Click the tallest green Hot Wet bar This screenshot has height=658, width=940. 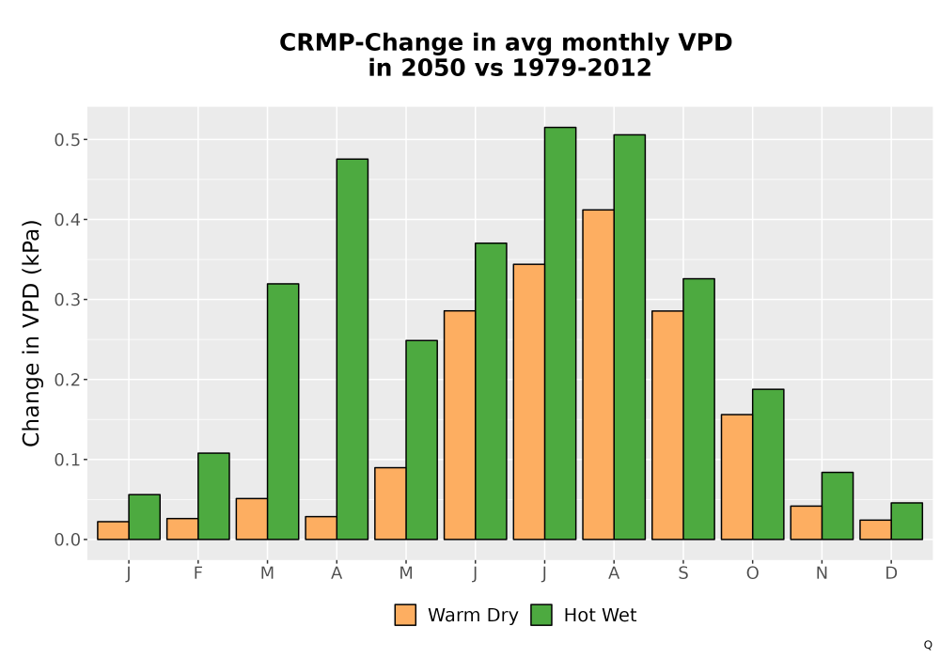(x=560, y=333)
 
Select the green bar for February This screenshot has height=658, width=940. (x=213, y=496)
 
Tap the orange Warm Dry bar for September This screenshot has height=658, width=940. (x=667, y=425)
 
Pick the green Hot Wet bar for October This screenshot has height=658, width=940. (x=768, y=464)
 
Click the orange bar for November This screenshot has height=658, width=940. (x=806, y=523)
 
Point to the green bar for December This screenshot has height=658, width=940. (x=906, y=521)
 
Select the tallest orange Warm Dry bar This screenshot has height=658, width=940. (x=598, y=374)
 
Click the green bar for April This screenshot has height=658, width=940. (x=352, y=349)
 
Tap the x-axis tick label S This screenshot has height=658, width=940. (x=682, y=573)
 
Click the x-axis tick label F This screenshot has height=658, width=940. (x=197, y=573)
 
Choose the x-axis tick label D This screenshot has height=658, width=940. (x=891, y=573)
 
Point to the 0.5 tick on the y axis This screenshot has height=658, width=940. (x=67, y=140)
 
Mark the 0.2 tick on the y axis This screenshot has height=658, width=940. (x=67, y=380)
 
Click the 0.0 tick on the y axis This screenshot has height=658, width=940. (x=67, y=540)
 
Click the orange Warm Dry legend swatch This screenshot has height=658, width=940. (x=405, y=615)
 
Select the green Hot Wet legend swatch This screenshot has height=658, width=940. (x=541, y=615)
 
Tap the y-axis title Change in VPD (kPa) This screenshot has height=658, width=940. (x=31, y=333)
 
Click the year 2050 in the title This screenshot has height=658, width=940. (x=432, y=67)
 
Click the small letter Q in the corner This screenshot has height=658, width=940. (x=928, y=645)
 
